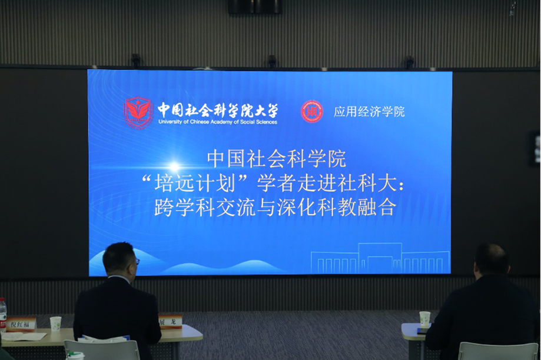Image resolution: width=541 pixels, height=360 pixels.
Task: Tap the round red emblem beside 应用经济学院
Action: (x=311, y=111)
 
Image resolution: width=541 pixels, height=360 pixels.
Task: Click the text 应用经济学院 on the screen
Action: (x=369, y=112)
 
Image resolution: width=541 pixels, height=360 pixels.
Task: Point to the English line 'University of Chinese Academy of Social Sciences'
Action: (x=217, y=122)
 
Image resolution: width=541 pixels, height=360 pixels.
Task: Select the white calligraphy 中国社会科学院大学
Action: (x=217, y=109)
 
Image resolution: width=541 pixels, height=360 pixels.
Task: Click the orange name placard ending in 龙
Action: (x=171, y=321)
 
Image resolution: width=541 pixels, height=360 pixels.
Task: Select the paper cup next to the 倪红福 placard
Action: (x=55, y=324)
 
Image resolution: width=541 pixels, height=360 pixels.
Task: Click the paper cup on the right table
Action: (x=424, y=318)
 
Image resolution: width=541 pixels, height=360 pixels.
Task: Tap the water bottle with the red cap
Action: (x=3, y=315)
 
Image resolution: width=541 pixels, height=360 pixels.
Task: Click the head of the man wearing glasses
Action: (x=120, y=259)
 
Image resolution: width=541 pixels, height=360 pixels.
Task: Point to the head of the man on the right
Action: (x=492, y=259)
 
